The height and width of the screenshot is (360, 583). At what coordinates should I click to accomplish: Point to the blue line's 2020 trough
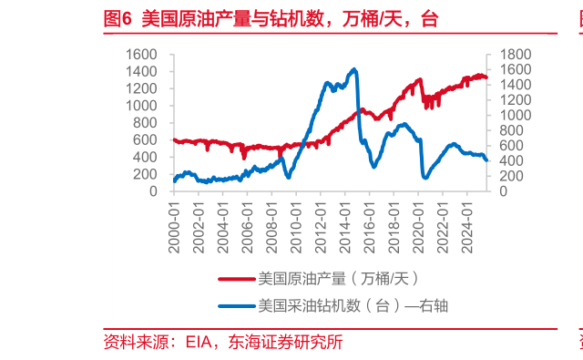click(424, 177)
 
